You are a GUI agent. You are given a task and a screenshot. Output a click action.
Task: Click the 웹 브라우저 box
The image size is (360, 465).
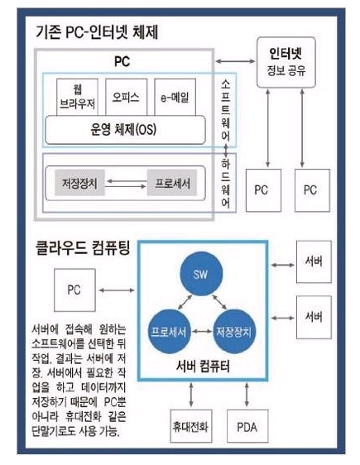point(78,97)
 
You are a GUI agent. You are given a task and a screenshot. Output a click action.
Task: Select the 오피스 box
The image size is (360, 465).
point(126,97)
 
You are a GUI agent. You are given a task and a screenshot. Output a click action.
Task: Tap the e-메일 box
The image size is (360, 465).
point(175,97)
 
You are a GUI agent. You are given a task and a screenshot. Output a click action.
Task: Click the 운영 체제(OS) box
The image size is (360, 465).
point(125,130)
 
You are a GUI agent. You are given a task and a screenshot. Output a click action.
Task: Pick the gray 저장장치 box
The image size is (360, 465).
point(79,183)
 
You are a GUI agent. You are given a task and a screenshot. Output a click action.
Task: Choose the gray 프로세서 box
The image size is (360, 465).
point(172,183)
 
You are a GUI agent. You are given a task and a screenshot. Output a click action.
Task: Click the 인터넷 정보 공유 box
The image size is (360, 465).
point(286,62)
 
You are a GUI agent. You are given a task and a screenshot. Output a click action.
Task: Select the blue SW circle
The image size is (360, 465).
point(201,274)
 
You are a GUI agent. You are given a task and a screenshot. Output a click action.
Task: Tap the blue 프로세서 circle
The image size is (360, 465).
point(170,332)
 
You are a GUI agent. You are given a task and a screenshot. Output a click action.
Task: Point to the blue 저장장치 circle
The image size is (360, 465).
point(234,332)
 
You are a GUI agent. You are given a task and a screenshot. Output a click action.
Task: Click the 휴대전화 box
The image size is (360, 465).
point(191,426)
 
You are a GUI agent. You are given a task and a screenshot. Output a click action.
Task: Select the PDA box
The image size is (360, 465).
point(247,426)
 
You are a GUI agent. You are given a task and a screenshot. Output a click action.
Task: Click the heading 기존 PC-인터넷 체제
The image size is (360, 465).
point(97,32)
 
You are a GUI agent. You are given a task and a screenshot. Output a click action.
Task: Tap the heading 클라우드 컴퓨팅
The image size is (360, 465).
point(83,248)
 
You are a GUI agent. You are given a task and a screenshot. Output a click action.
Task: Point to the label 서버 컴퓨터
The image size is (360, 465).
point(203,367)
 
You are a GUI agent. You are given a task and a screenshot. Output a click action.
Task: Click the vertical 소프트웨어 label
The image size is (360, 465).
point(226,110)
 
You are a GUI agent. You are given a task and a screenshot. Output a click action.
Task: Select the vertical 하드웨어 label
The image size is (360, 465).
point(226,183)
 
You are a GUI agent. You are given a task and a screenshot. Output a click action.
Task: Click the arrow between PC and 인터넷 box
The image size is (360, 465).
point(235,61)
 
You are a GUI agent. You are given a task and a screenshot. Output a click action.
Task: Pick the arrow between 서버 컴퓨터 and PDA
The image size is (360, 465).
point(247,395)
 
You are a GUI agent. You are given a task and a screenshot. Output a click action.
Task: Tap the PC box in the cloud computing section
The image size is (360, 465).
point(74,290)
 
